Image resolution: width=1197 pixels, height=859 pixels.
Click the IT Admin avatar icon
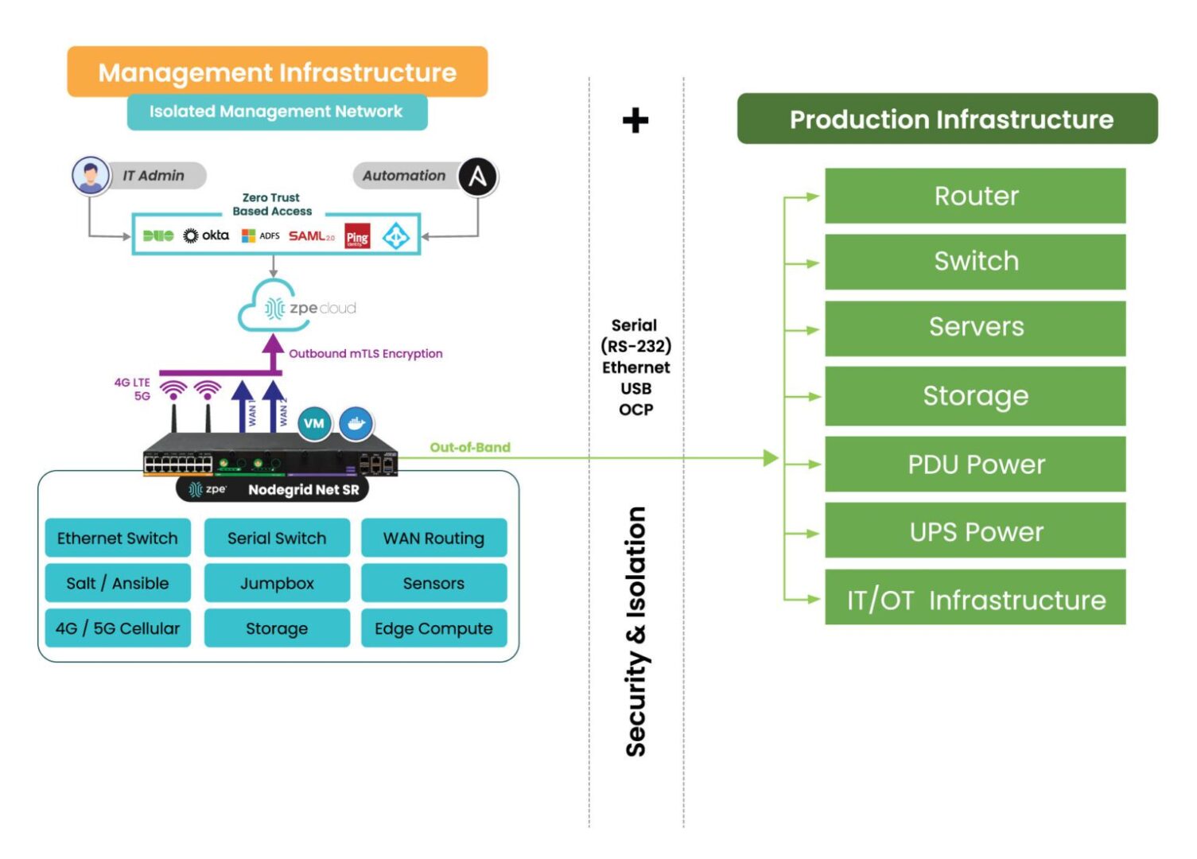pos(91,176)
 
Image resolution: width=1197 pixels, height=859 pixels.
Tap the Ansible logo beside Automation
pos(477,176)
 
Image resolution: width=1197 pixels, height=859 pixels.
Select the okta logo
pos(206,235)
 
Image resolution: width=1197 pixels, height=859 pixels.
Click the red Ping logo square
pos(357,236)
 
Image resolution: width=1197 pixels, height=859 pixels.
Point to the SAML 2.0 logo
pos(311,236)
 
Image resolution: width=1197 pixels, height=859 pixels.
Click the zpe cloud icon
pos(297,306)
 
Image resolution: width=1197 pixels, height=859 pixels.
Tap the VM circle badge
pos(314,423)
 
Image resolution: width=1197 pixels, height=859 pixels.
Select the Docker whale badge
pos(356,423)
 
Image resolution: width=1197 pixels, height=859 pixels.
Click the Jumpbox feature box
pos(277,583)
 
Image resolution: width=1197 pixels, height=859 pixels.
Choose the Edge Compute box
pos(433,628)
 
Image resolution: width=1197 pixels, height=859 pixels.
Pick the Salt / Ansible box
pos(118,583)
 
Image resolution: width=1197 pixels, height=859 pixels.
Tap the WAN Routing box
pos(433,538)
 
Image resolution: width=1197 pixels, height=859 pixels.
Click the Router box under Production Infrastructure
pos(975,196)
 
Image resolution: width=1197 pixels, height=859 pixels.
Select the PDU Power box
pos(975,464)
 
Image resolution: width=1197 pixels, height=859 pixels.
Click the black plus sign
pos(635,121)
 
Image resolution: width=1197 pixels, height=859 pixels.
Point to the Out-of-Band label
pos(470,447)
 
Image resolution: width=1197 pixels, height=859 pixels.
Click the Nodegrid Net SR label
pos(303,490)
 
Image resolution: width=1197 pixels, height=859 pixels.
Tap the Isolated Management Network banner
pos(277,112)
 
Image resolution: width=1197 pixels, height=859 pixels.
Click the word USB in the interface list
pos(635,388)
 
